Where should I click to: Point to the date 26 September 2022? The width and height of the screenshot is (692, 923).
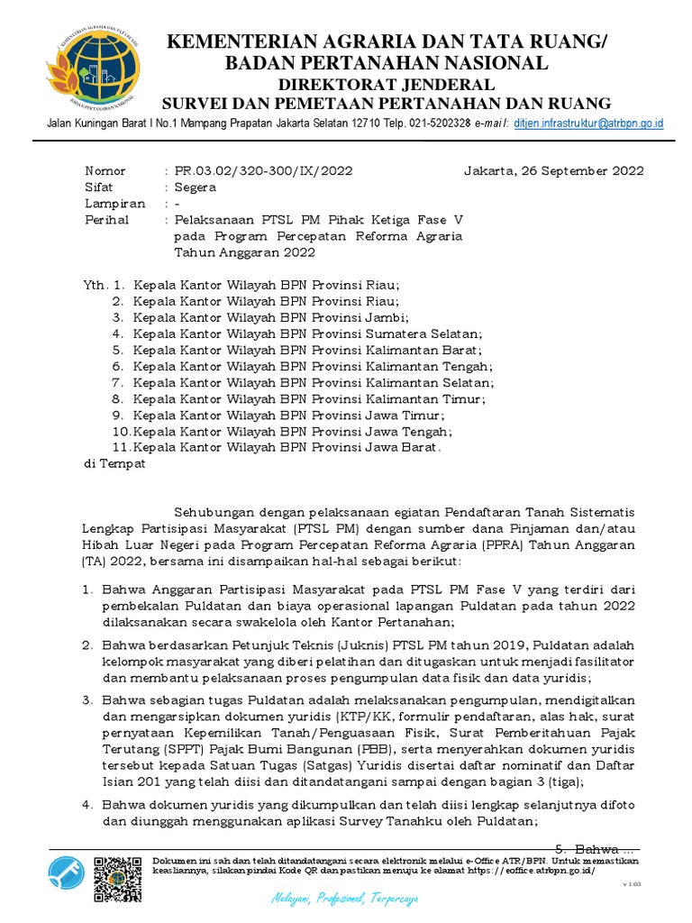[584, 170]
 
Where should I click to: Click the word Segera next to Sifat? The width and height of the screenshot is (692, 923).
[196, 187]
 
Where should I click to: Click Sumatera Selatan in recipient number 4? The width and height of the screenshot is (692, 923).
[423, 334]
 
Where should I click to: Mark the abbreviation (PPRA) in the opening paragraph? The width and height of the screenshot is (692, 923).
[521, 545]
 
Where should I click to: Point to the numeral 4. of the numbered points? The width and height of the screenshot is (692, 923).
[87, 805]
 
